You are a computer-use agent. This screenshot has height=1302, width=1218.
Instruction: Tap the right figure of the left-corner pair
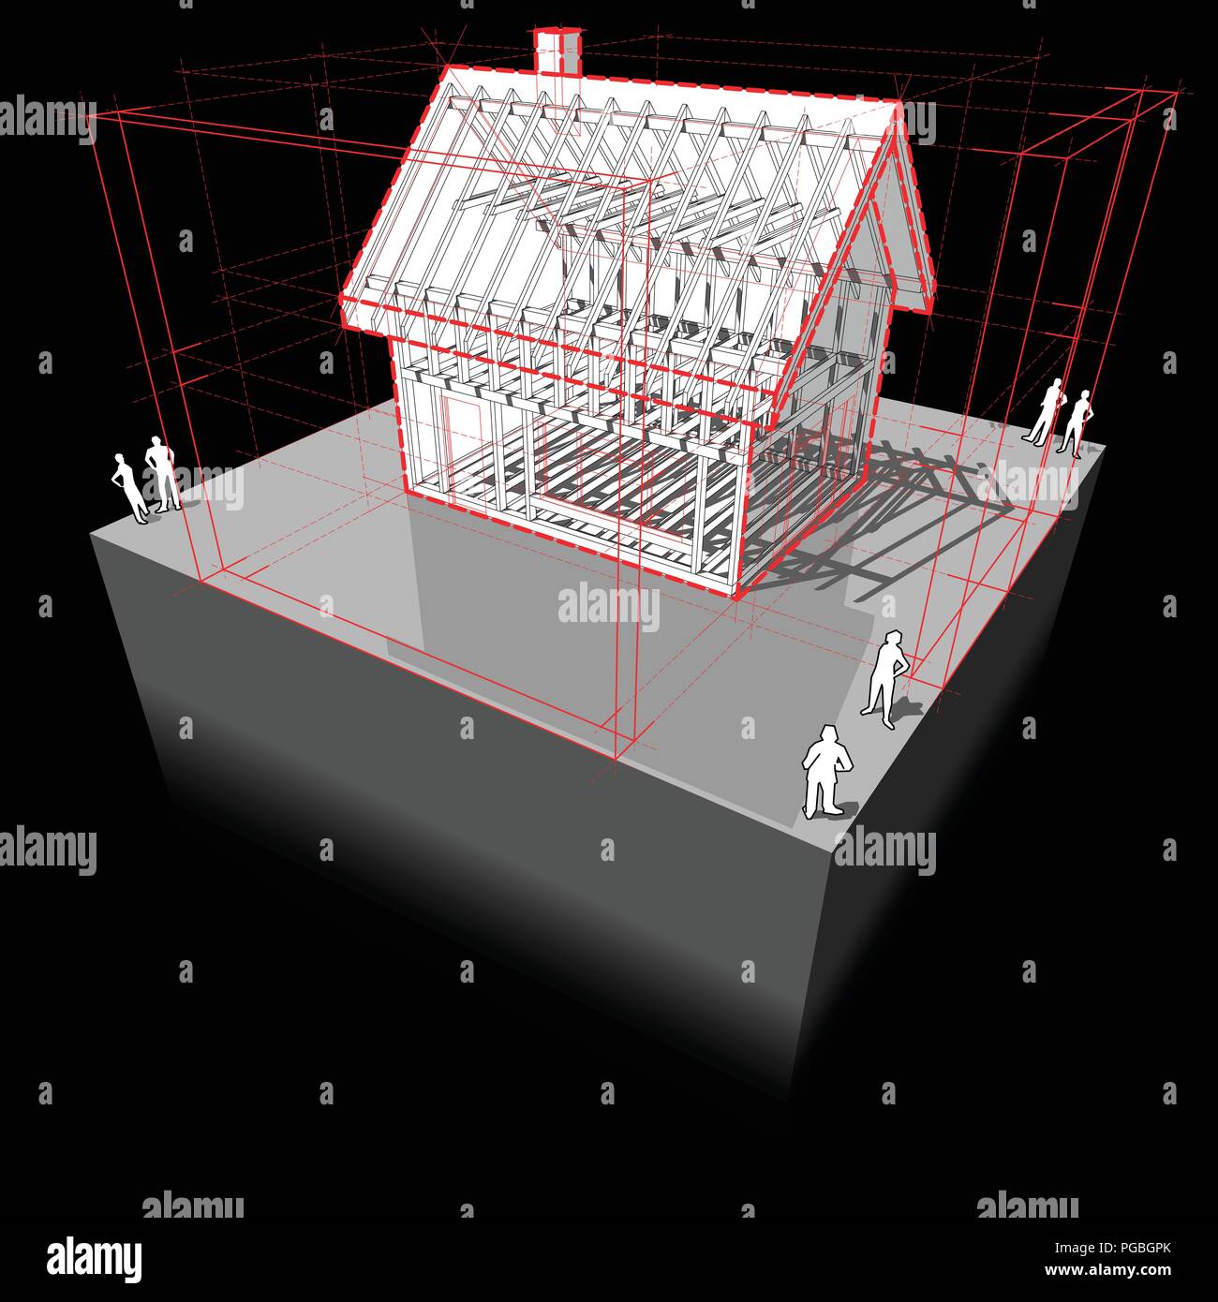(163, 474)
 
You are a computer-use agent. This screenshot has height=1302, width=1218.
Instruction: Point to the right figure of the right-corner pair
(1076, 422)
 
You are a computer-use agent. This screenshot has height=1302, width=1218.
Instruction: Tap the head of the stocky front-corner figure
(827, 734)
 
